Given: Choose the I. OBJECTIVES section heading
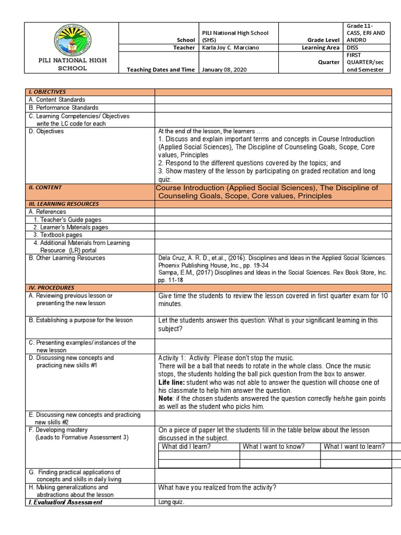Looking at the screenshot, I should (x=47, y=92).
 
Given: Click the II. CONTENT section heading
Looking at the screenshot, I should (x=45, y=187).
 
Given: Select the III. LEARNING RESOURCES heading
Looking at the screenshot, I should (x=64, y=204).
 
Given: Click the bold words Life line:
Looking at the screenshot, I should (x=172, y=382).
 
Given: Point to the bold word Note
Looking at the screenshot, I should (x=166, y=398).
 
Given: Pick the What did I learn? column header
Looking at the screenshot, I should (x=186, y=446).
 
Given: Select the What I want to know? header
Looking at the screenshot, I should (x=274, y=446).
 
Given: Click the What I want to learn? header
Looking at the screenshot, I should (x=354, y=446).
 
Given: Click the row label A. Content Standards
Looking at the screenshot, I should (x=57, y=100).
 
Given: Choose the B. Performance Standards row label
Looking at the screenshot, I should (x=63, y=108).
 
